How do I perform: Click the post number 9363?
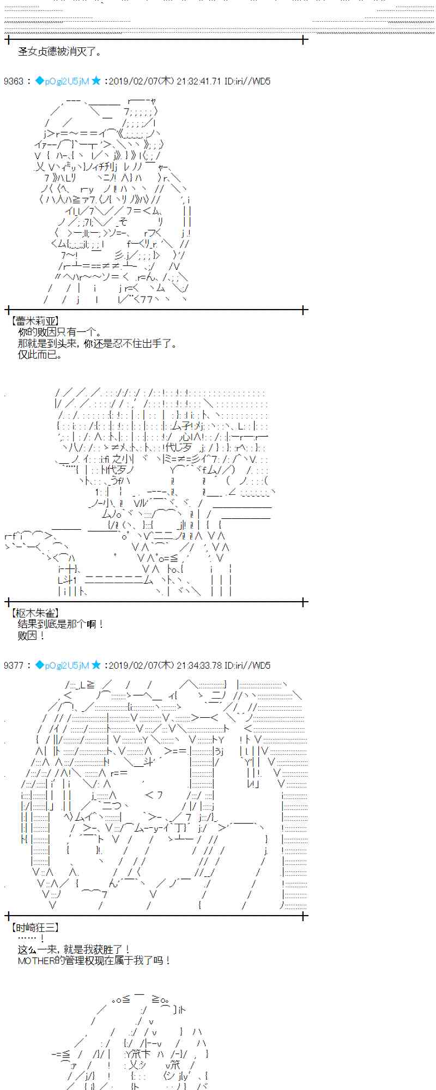coord(14,81)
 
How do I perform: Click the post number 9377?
coord(14,665)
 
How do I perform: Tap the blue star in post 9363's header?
coord(96,81)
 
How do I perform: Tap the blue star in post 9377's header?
coord(96,665)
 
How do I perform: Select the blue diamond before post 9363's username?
coord(39,81)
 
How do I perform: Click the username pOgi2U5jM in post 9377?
coord(66,665)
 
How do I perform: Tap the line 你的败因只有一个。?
coord(59,332)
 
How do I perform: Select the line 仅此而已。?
coord(40,355)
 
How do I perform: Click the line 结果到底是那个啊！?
coord(60,624)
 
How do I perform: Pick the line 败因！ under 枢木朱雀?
coord(32,635)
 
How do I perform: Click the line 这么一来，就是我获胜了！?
coord(74,949)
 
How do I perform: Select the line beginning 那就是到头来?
coord(97,344)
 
